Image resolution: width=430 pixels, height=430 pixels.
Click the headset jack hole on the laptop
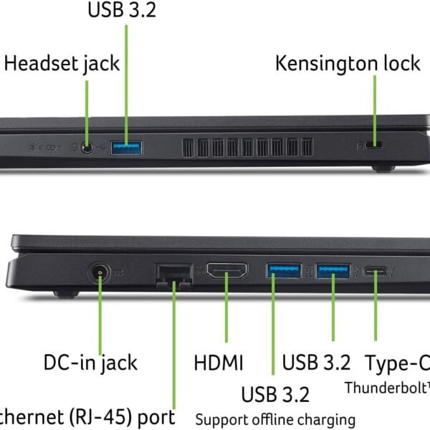pyautogui.click(x=87, y=148)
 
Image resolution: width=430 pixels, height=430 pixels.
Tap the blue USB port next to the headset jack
pyautogui.click(x=126, y=148)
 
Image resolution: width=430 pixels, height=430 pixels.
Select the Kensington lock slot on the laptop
pyautogui.click(x=373, y=146)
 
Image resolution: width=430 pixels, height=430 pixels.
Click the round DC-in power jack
pyautogui.click(x=98, y=273)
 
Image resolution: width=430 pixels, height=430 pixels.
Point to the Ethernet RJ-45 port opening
pyautogui.click(x=173, y=273)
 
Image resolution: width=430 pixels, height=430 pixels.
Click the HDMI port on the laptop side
pyautogui.click(x=227, y=271)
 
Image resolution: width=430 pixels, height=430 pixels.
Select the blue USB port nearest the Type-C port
pyautogui.click(x=333, y=271)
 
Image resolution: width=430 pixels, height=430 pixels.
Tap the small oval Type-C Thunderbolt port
pyautogui.click(x=376, y=271)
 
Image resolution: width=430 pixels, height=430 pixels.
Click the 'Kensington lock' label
pyautogui.click(x=348, y=62)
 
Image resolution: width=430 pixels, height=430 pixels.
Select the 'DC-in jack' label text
pyautogui.click(x=90, y=362)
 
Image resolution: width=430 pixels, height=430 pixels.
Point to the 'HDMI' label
pyautogui.click(x=219, y=362)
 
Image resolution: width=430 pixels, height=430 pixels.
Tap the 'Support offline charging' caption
pyautogui.click(x=275, y=419)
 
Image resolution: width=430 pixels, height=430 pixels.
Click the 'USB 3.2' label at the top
pyautogui.click(x=122, y=10)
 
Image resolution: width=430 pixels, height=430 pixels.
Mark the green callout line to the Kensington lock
pyautogui.click(x=373, y=107)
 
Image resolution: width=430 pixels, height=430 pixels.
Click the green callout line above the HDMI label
pyautogui.click(x=227, y=315)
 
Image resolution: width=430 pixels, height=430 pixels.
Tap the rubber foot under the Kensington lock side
pyautogui.click(x=383, y=168)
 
